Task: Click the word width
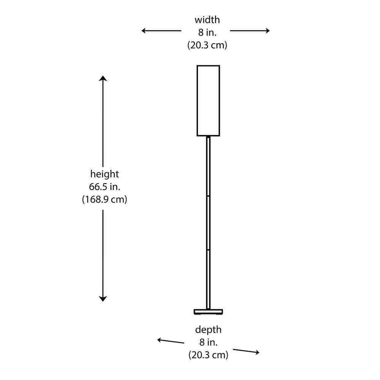(x=207, y=20)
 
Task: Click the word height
(x=104, y=174)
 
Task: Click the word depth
(x=208, y=330)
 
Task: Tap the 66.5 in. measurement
(x=104, y=187)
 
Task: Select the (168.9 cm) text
(x=104, y=199)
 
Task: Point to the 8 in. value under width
(x=207, y=32)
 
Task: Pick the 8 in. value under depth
(x=208, y=342)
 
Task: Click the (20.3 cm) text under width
(x=207, y=45)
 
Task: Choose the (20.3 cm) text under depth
(x=208, y=355)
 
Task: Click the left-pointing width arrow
(x=161, y=31)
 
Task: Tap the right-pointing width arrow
(x=250, y=31)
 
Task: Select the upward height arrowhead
(x=103, y=78)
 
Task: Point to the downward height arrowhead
(x=103, y=299)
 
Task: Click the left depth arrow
(x=171, y=341)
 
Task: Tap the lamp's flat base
(x=208, y=312)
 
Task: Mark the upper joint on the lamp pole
(x=208, y=196)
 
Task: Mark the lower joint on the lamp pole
(x=208, y=249)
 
